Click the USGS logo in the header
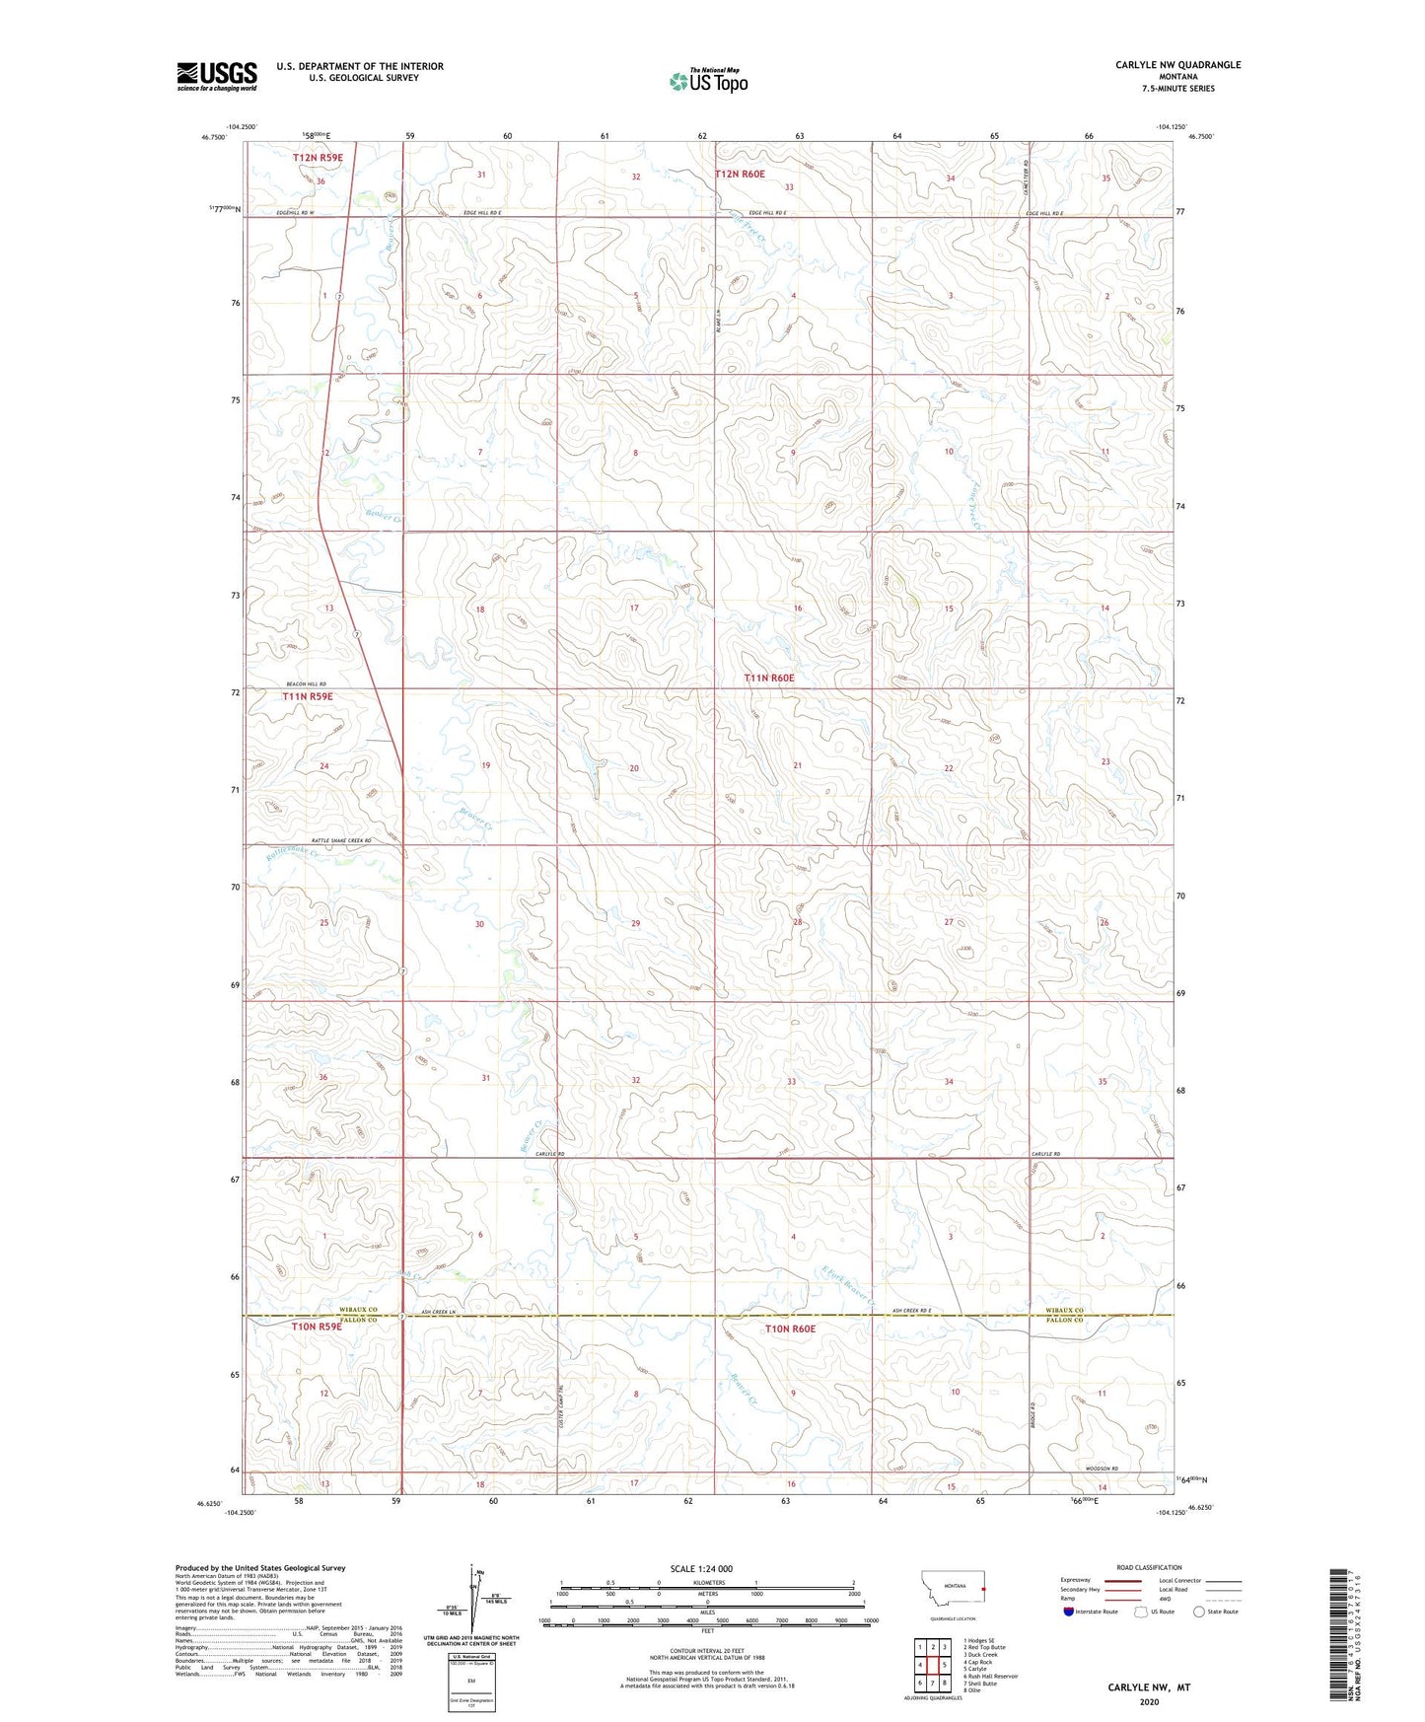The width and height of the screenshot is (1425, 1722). pyautogui.click(x=217, y=76)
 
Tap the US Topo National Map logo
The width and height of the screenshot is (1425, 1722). pyautogui.click(x=708, y=81)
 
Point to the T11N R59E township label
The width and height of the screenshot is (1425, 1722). pyautogui.click(x=308, y=696)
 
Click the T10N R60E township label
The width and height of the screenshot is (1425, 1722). pyautogui.click(x=791, y=1328)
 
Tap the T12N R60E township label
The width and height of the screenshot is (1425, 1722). pyautogui.click(x=740, y=174)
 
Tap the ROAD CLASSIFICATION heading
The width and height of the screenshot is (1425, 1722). pyautogui.click(x=1149, y=1567)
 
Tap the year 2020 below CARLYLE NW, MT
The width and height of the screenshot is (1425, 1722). pyautogui.click(x=1149, y=1701)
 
